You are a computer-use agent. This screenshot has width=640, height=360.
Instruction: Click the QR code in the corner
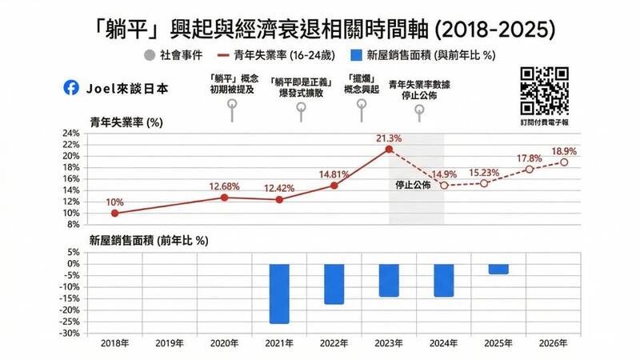545,90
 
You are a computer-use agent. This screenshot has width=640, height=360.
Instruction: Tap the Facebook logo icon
78,89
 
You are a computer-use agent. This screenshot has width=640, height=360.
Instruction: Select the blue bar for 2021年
278,294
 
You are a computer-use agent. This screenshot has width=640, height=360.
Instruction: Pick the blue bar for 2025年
498,270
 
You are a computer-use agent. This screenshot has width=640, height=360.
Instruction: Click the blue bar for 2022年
334,284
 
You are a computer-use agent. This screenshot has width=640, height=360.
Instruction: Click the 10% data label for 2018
114,202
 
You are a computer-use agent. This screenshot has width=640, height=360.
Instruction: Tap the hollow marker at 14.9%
443,186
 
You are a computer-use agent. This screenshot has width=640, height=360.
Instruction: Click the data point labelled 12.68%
225,197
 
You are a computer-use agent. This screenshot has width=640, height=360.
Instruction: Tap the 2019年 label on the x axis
170,344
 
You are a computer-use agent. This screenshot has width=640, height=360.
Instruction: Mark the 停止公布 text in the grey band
413,186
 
